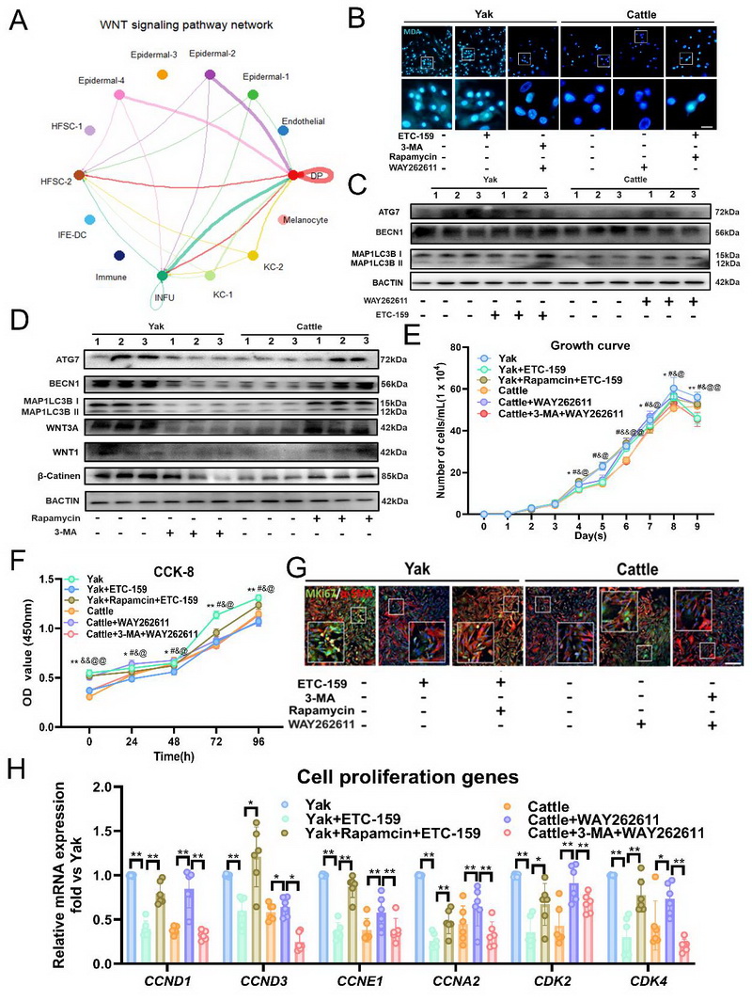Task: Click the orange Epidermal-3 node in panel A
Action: [163, 74]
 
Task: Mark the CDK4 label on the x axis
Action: [644, 981]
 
